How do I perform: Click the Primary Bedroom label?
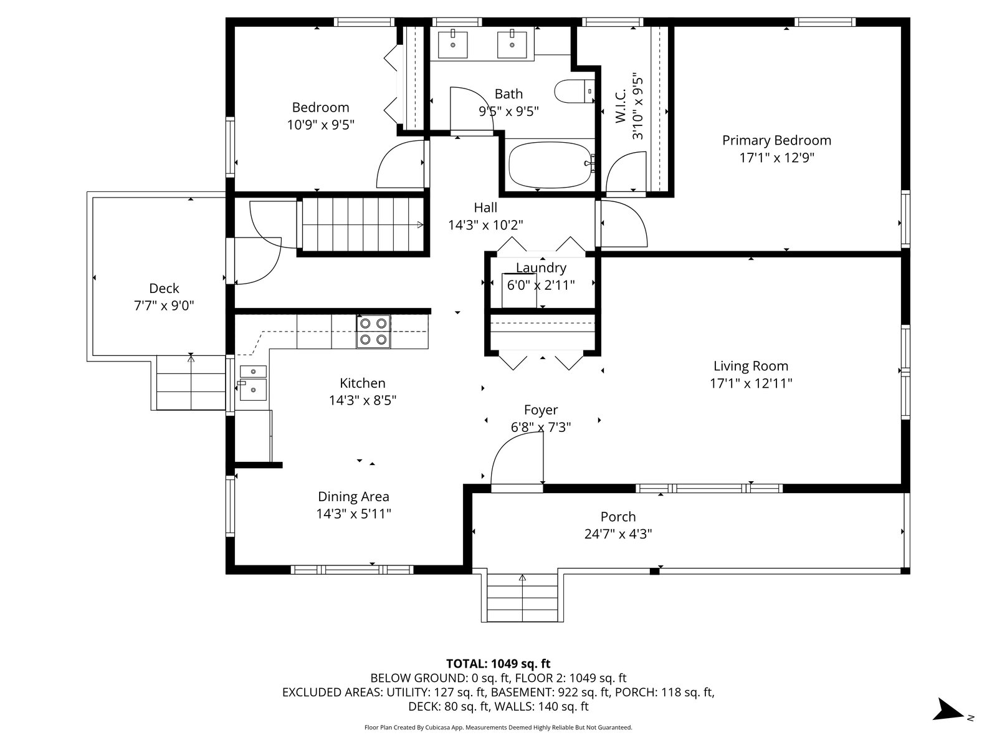[776, 140]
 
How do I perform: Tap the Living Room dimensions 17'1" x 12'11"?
[751, 383]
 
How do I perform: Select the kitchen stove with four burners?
[373, 331]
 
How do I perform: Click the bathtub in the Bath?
[550, 165]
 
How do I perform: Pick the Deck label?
[164, 289]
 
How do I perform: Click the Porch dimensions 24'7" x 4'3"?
[618, 534]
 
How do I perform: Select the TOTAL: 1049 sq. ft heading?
[499, 663]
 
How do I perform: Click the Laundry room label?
[541, 268]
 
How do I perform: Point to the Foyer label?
[540, 410]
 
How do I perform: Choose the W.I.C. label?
[621, 106]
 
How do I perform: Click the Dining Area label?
[353, 496]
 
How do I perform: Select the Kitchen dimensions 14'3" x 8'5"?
[363, 401]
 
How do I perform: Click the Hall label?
[485, 208]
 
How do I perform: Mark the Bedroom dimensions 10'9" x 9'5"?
[321, 125]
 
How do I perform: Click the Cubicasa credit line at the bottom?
[499, 727]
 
